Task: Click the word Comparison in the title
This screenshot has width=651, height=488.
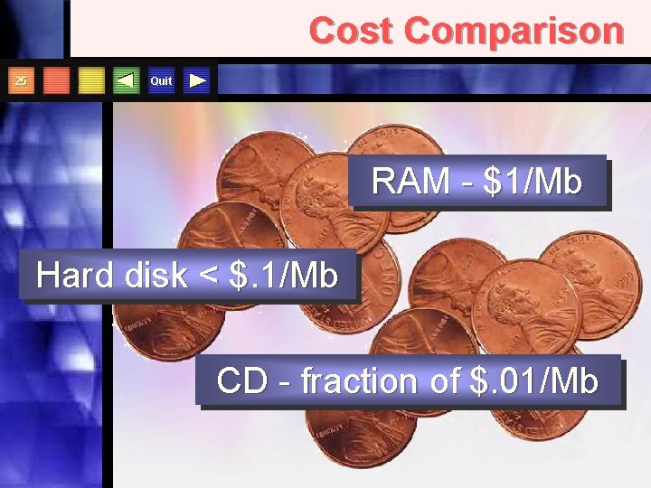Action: (514, 31)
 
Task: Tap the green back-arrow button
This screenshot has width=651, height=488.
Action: (127, 81)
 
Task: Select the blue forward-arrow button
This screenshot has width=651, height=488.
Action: (197, 81)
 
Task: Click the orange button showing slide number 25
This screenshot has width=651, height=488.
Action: (22, 81)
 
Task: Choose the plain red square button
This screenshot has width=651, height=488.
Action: (56, 81)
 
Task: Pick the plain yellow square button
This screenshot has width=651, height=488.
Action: (91, 81)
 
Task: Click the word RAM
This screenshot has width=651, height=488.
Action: (408, 183)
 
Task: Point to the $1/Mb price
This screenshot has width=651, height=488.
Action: (533, 183)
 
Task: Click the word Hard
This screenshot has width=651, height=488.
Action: (74, 275)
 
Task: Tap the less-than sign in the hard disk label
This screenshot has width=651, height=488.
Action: (208, 276)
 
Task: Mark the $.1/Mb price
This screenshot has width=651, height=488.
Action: (283, 275)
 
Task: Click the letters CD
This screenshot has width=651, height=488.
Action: (241, 381)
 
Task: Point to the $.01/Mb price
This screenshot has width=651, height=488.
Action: (535, 381)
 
